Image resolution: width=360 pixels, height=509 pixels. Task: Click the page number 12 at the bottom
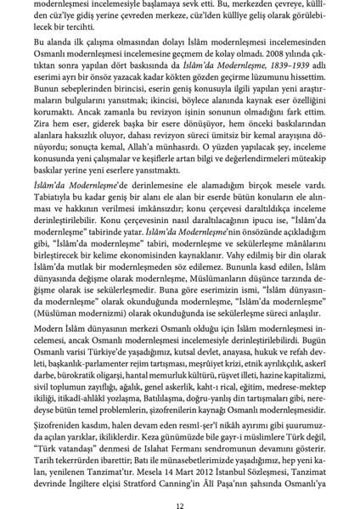click(x=180, y=492)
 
